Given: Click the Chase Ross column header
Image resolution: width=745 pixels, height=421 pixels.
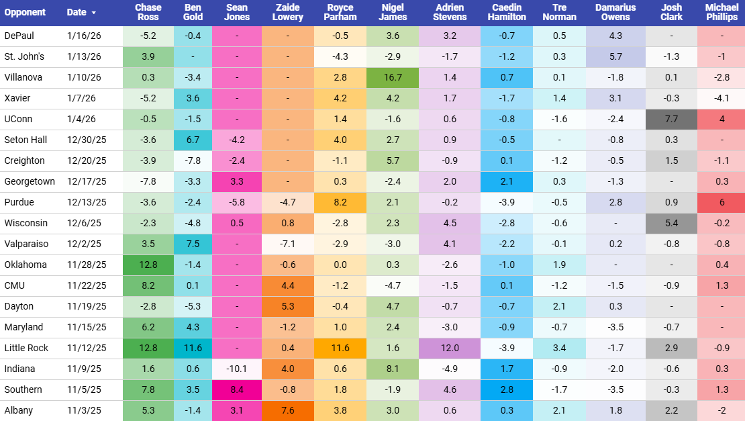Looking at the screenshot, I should coord(148,13).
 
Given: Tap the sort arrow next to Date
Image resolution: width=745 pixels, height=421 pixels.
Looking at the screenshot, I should coord(93,13).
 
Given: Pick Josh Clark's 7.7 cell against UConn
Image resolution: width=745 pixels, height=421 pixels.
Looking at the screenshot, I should coord(671,119).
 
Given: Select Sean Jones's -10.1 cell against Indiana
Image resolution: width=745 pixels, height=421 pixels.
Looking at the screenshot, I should coord(237,369).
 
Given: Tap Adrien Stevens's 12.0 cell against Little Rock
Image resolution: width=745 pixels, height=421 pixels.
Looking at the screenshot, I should coord(450,348).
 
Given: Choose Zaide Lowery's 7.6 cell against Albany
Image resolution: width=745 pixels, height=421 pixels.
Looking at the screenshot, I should coord(288,410).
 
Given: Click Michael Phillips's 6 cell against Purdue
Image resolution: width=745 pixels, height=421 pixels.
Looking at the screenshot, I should coord(722,202).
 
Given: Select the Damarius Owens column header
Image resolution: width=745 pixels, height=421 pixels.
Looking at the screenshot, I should coord(615,13).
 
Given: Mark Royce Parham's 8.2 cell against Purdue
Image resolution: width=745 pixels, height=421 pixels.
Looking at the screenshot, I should coord(340,202).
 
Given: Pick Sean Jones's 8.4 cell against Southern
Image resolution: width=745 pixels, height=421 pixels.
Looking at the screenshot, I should coord(237,389).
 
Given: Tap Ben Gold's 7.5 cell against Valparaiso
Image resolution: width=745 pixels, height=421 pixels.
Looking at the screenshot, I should coord(193,244).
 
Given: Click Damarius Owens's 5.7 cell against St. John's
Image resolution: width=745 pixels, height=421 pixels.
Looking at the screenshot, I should coord(615,56).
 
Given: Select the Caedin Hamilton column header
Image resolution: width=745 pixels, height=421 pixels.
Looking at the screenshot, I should coord(507,13).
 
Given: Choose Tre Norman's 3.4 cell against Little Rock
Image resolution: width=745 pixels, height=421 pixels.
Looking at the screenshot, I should coord(560,348).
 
